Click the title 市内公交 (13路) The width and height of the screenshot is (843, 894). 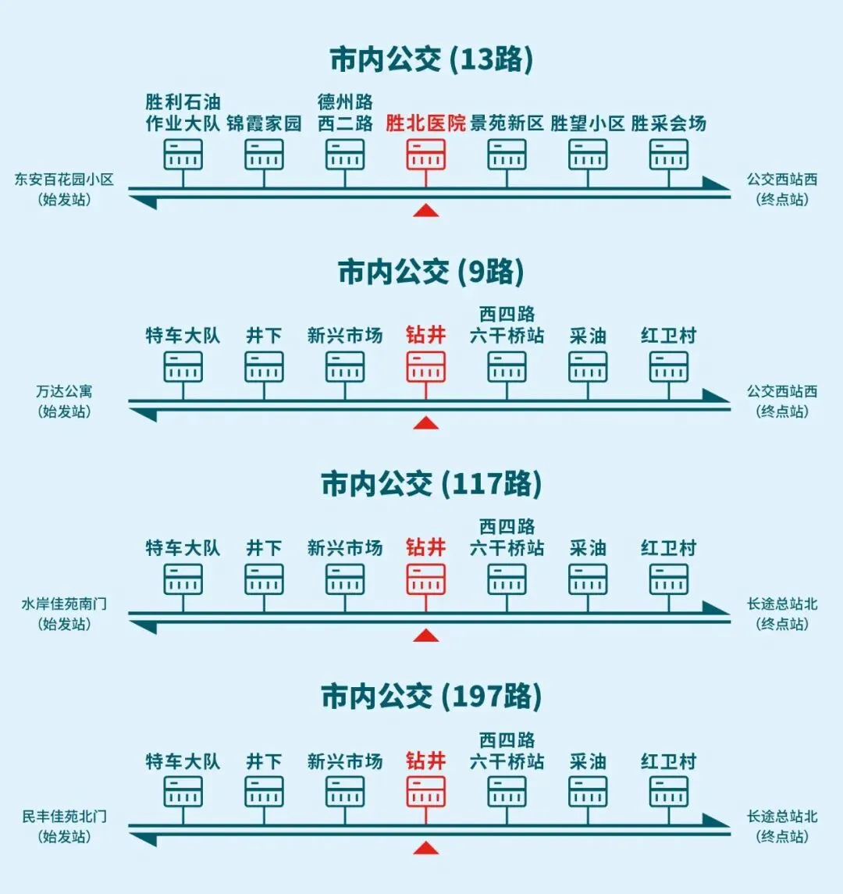click(x=431, y=60)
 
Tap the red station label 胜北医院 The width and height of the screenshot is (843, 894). click(x=425, y=123)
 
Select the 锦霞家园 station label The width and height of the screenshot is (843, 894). click(x=264, y=123)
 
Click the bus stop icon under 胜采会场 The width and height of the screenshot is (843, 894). click(x=669, y=155)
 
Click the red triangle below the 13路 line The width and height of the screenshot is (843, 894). click(x=425, y=210)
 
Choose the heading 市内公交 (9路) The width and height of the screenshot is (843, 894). click(x=431, y=272)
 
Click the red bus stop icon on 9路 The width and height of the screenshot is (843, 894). click(x=425, y=367)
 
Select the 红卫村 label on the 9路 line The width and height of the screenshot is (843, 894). click(x=669, y=336)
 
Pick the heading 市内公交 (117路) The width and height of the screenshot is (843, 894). click(x=431, y=484)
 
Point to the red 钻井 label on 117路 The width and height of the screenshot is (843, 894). click(x=425, y=548)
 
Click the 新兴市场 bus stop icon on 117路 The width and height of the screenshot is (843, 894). click(x=345, y=579)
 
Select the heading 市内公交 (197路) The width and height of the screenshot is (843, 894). click(x=431, y=696)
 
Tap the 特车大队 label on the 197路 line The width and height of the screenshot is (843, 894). click(x=183, y=761)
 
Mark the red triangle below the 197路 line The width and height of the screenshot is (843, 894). click(x=425, y=848)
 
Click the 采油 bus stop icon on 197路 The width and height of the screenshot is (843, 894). click(x=588, y=792)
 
